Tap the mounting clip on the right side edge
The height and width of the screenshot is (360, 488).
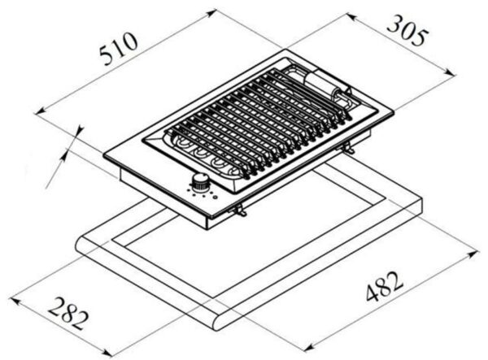pyautogui.click(x=349, y=149)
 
